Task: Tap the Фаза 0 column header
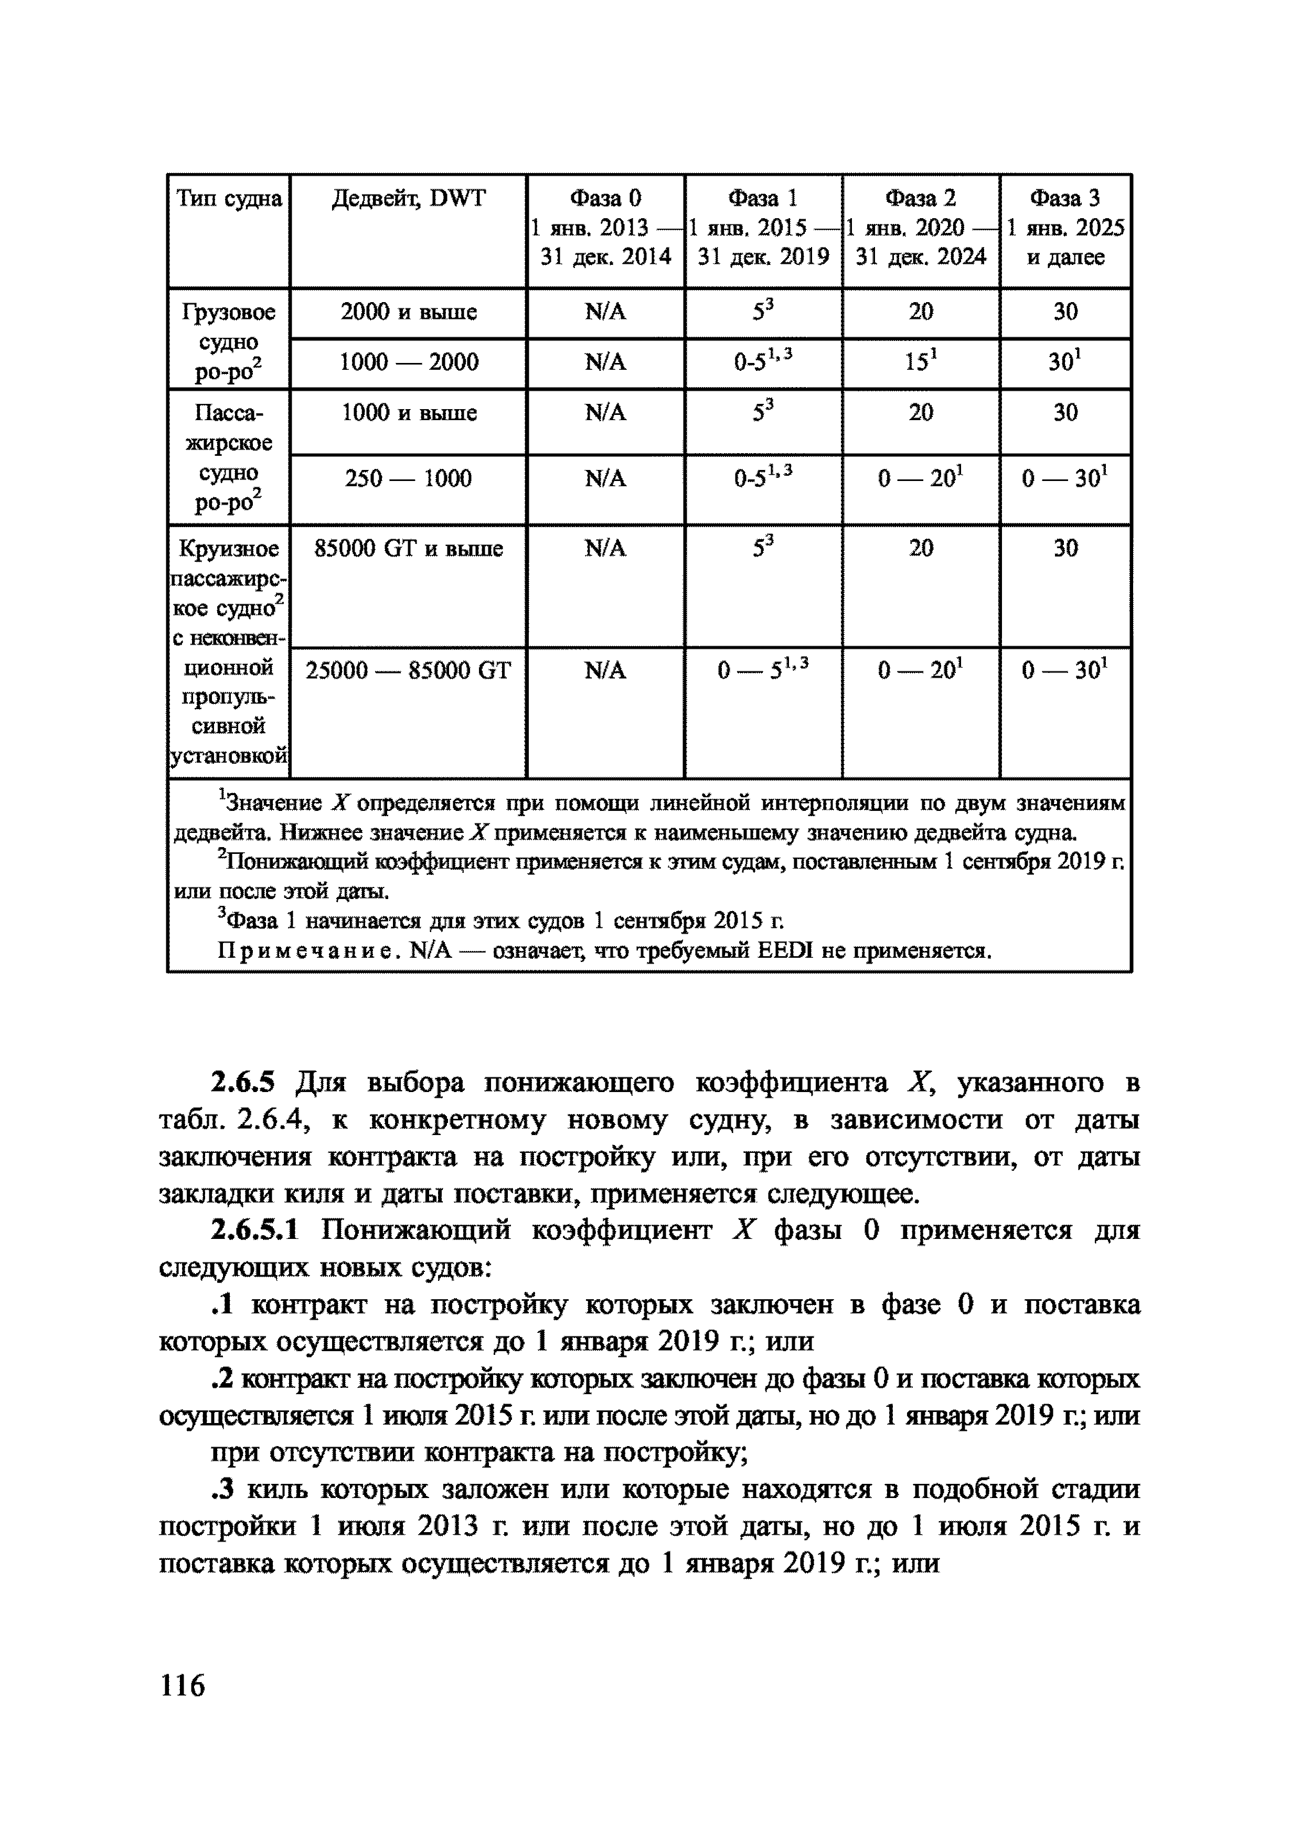pos(605,198)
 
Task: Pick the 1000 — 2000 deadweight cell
pos(408,363)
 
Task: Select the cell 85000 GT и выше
pos(408,549)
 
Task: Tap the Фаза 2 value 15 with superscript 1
pos(920,362)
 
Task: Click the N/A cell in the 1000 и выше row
pos(605,413)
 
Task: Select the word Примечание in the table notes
pos(308,951)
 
